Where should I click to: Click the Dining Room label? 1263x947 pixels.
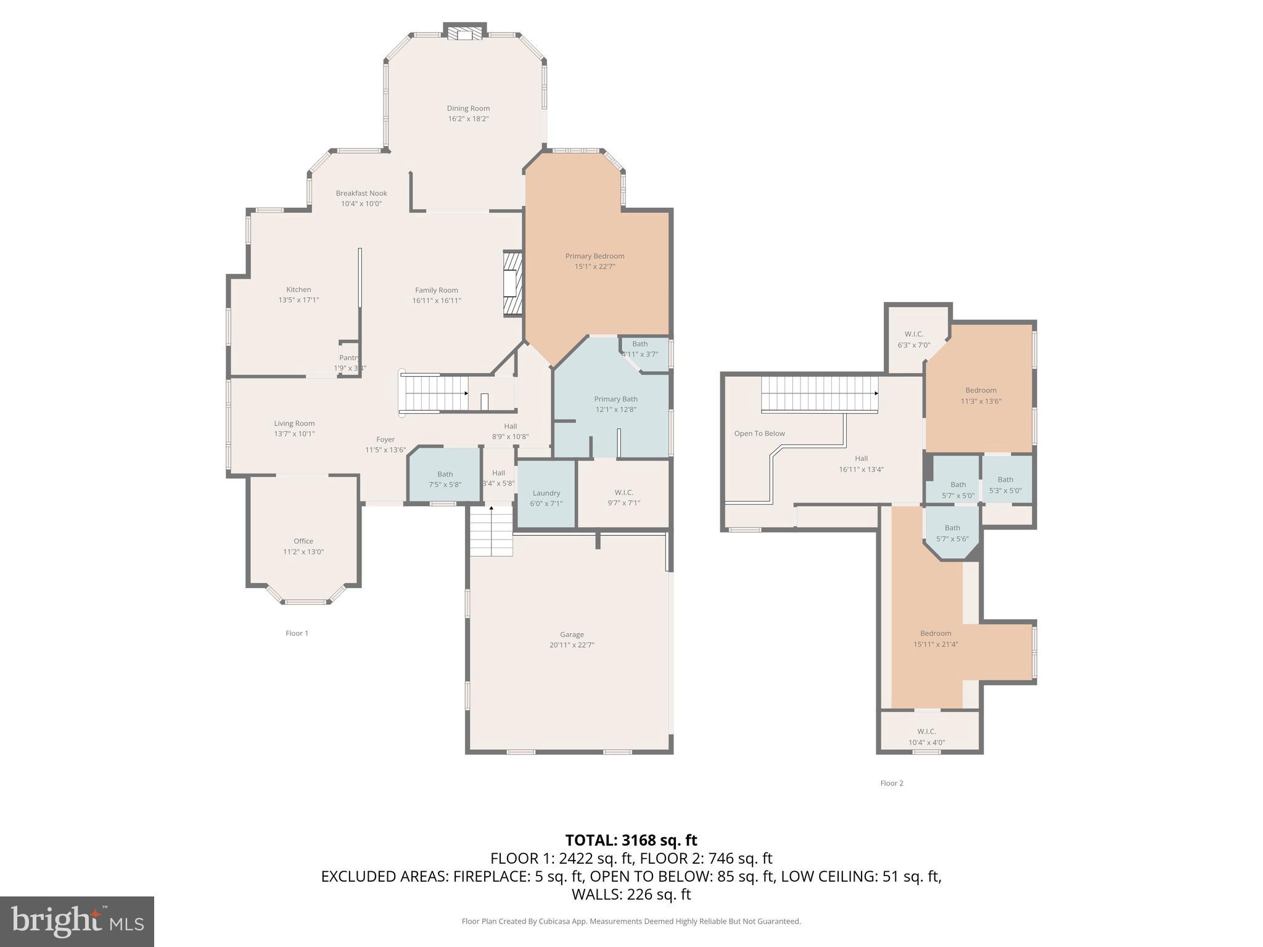[468, 109]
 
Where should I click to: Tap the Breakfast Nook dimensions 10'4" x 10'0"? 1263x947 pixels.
[361, 203]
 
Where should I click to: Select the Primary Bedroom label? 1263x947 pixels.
[594, 256]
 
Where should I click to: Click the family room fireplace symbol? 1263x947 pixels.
[512, 284]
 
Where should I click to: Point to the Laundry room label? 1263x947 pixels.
[546, 493]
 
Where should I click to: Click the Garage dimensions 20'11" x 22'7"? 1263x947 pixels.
[572, 645]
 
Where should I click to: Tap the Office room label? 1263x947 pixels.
[303, 541]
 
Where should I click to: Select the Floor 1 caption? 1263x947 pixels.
[297, 633]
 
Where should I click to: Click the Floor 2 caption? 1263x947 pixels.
[891, 783]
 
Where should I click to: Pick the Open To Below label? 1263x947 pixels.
[759, 433]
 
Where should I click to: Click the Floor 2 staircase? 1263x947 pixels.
[819, 394]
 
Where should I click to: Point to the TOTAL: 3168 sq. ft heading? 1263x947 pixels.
[631, 840]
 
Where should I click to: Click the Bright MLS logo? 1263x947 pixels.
[77, 921]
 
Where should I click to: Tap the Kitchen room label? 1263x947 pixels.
[298, 289]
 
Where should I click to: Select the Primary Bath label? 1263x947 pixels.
[615, 399]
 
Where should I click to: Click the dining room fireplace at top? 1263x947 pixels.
[465, 33]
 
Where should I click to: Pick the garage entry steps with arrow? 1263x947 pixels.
[491, 530]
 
